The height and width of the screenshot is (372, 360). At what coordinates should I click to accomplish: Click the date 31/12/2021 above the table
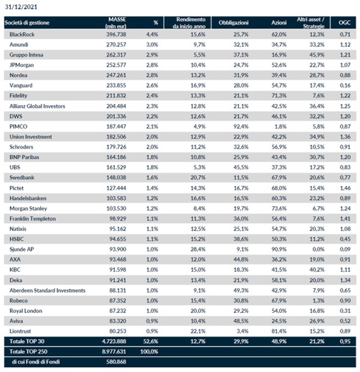[x=21, y=7]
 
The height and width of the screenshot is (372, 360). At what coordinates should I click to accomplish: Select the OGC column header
[x=344, y=23]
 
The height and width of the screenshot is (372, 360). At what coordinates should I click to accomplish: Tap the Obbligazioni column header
[x=233, y=23]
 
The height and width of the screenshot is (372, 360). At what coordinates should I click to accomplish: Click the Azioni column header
[x=279, y=23]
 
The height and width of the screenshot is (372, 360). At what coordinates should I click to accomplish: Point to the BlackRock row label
[x=22, y=34]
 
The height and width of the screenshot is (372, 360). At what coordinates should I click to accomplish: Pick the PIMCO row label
[x=18, y=127]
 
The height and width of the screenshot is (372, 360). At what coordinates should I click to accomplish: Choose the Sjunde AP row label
[x=21, y=250]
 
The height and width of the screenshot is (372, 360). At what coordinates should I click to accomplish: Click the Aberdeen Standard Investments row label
[x=48, y=291]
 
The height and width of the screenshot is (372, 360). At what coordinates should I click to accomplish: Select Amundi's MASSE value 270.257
[x=116, y=45]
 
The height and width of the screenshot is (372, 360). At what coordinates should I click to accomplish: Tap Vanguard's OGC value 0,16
[x=345, y=86]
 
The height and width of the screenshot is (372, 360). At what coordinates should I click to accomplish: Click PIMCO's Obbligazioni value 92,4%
[x=241, y=127]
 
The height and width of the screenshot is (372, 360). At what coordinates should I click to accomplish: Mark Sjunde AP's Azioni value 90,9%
[x=279, y=250]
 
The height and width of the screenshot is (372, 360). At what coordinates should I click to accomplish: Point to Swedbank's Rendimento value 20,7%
[x=198, y=177]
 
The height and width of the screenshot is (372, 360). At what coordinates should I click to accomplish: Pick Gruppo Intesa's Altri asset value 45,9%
[x=317, y=55]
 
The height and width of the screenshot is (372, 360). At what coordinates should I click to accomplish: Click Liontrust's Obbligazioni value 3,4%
[x=243, y=331]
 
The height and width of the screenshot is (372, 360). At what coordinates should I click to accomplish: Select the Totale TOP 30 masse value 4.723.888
[x=114, y=341]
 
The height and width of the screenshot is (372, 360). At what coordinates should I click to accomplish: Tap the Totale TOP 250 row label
[x=29, y=352]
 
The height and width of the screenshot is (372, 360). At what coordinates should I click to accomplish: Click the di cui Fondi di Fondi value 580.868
[x=116, y=362]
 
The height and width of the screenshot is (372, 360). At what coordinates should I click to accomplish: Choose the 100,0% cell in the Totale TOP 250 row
[x=149, y=352]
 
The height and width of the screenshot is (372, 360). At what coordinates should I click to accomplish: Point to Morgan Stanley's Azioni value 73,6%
[x=279, y=209]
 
